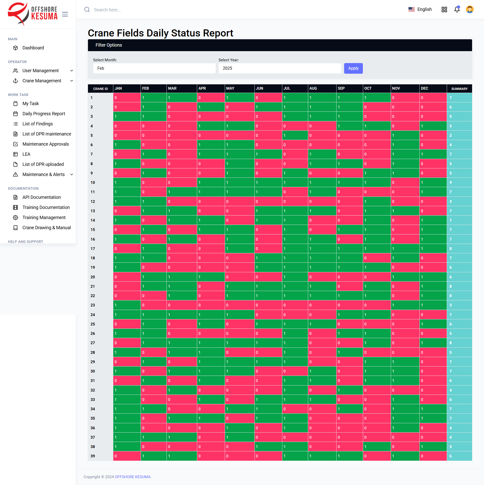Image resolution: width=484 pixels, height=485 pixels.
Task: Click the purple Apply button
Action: [x=353, y=68]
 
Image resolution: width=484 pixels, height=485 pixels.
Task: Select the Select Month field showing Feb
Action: [x=154, y=68]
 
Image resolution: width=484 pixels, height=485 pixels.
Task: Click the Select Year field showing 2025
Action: [x=280, y=68]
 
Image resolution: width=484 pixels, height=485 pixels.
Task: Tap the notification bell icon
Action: [x=457, y=10]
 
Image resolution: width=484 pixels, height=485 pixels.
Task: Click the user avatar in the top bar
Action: [x=470, y=10]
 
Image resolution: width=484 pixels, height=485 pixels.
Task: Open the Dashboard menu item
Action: [x=33, y=48]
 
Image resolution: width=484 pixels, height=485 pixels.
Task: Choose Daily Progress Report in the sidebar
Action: [x=44, y=114]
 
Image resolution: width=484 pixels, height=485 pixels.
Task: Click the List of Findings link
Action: [x=38, y=124]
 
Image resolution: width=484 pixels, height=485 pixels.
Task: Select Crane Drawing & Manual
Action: [x=46, y=228]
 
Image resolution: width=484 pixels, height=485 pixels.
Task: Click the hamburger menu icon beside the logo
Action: [x=65, y=14]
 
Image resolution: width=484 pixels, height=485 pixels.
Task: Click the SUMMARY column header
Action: [x=459, y=89]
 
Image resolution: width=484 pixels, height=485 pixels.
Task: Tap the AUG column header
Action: [x=313, y=88]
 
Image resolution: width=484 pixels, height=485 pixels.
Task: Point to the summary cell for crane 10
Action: [x=459, y=183]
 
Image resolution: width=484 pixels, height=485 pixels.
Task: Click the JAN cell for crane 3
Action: [x=127, y=117]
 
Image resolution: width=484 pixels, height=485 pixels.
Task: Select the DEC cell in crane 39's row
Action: [x=433, y=456]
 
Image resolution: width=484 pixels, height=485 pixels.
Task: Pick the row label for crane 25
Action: [x=93, y=324]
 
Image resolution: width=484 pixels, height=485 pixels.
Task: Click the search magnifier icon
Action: [x=87, y=10]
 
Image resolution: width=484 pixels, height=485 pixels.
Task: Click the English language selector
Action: [x=420, y=9]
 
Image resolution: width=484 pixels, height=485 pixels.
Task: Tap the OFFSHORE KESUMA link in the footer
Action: [x=133, y=477]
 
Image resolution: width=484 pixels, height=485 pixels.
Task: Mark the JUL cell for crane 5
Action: [x=295, y=135]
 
